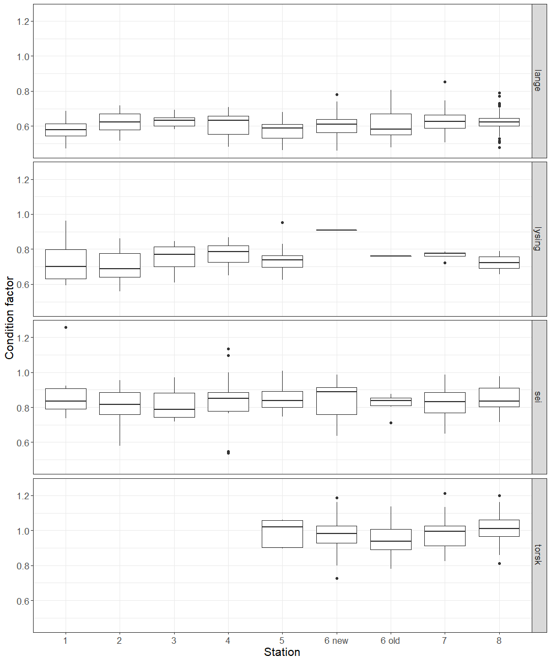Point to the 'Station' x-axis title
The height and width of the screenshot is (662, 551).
click(x=282, y=652)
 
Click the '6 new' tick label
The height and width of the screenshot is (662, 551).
click(x=336, y=640)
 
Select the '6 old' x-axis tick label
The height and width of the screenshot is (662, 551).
click(x=390, y=640)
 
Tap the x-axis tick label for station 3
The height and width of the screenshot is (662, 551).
click(x=174, y=640)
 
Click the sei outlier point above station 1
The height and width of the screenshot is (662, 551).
click(x=66, y=327)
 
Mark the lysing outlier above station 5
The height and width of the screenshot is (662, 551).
click(x=282, y=222)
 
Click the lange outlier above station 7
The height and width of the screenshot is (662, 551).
click(x=445, y=82)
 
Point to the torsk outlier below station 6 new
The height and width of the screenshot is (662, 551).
click(x=337, y=578)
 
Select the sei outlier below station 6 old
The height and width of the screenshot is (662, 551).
click(x=391, y=423)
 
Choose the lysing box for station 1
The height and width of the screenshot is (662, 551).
click(x=66, y=264)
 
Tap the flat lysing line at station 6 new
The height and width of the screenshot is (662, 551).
click(x=337, y=229)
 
